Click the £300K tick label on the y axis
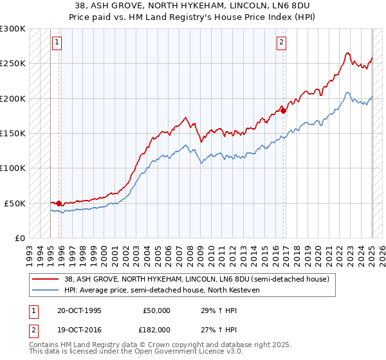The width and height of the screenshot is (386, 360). click(13, 29)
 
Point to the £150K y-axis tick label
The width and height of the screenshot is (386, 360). click(13, 133)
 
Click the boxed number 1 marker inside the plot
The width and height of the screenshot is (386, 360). click(57, 43)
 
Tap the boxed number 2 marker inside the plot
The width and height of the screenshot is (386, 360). click(281, 43)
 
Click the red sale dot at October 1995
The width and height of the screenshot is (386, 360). click(59, 203)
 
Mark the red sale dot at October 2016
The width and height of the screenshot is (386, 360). click(283, 111)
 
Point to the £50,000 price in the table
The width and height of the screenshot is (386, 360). click(156, 310)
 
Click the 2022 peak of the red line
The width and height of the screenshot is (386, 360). click(347, 53)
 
